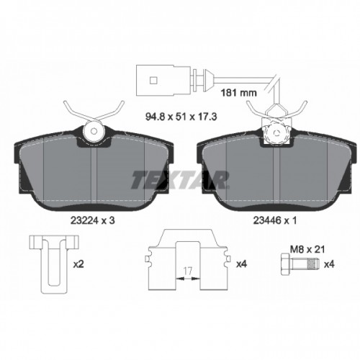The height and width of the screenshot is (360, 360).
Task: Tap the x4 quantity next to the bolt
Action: pyautogui.click(x=329, y=264)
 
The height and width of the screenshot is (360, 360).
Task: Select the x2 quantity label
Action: pyautogui.click(x=79, y=264)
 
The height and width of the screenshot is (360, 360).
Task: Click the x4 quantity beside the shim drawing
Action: pyautogui.click(x=241, y=264)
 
